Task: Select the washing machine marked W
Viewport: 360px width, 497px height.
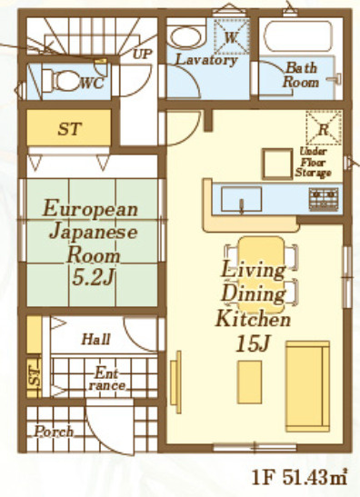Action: (x=231, y=37)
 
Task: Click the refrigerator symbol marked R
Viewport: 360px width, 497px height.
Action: (x=324, y=128)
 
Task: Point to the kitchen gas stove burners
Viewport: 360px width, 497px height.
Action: (x=324, y=197)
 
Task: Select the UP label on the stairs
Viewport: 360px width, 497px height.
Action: (x=143, y=54)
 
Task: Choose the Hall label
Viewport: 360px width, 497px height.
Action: (x=95, y=340)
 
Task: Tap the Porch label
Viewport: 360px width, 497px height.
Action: (x=55, y=432)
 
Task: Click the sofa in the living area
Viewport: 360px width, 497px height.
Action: (x=307, y=386)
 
